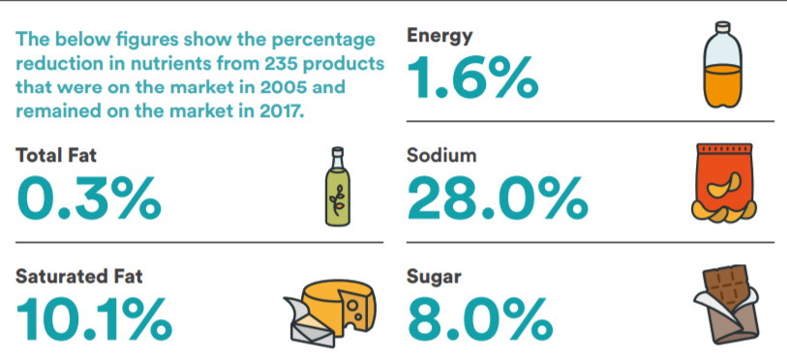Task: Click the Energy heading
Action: click(439, 37)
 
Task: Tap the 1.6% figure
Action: click(472, 77)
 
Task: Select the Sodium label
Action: click(441, 155)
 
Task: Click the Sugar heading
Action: click(434, 278)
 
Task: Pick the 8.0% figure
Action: click(480, 318)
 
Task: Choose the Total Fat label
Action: click(56, 155)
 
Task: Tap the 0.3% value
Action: click(88, 197)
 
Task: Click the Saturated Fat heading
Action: click(78, 276)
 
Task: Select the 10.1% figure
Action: click(94, 318)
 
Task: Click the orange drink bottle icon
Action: click(722, 64)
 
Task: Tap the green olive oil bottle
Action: click(337, 186)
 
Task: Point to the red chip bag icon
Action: click(724, 184)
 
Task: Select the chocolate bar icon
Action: click(726, 306)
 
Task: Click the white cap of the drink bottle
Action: click(722, 28)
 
